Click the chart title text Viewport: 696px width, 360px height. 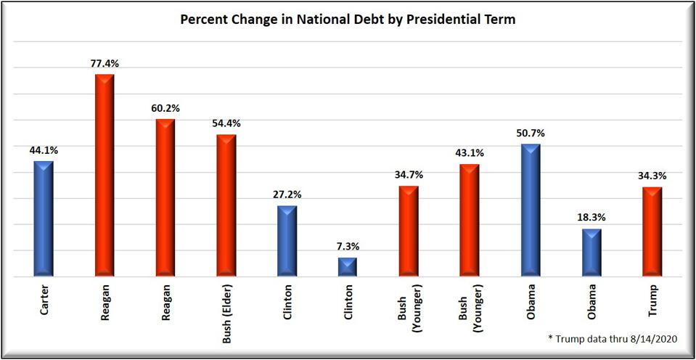pos(348,20)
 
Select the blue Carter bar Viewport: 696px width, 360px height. pos(44,218)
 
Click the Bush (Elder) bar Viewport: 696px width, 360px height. pos(227,205)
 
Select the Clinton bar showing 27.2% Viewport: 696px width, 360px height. pos(287,241)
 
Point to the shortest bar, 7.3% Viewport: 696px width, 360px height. pos(348,267)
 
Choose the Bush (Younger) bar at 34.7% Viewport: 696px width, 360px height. pos(409,232)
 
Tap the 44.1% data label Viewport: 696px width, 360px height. pos(44,150)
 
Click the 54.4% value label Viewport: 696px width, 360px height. pos(226,123)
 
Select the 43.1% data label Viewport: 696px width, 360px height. pos(470,153)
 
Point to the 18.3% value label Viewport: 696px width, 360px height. pos(591,217)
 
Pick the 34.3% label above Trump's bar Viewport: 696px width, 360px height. pos(652,176)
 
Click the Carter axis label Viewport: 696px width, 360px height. pos(44,306)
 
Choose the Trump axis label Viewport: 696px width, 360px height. pos(652,303)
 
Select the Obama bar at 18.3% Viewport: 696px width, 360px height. pos(591,253)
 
